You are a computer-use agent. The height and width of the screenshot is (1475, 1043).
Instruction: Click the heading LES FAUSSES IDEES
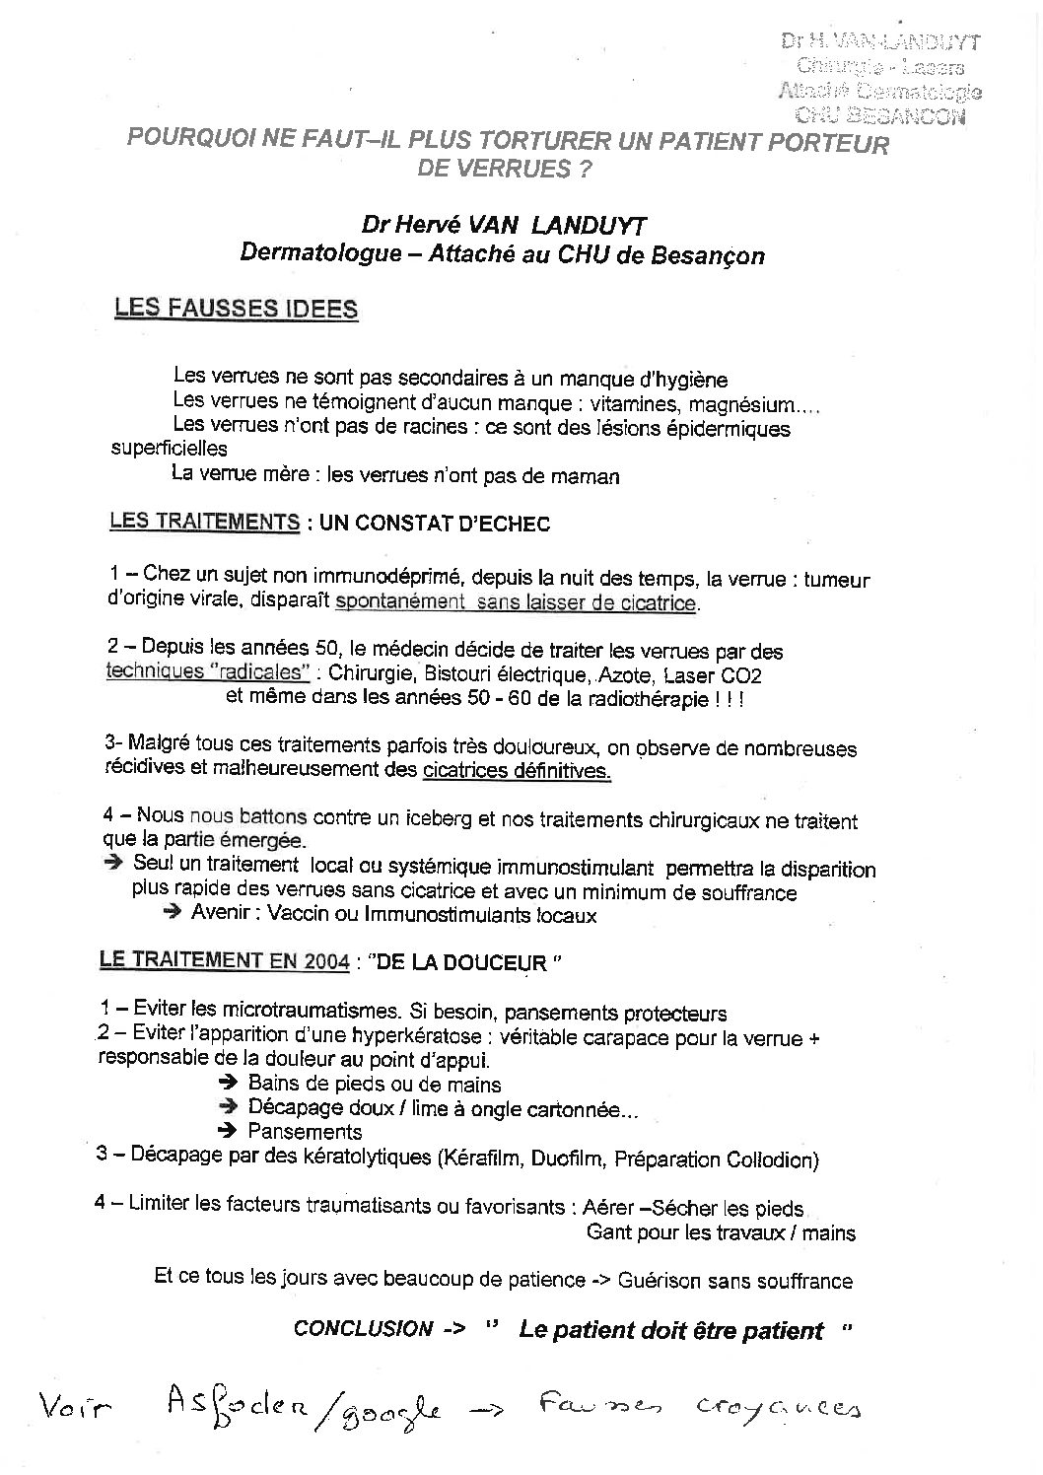[x=236, y=309]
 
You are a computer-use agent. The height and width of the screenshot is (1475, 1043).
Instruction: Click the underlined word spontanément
[x=399, y=603]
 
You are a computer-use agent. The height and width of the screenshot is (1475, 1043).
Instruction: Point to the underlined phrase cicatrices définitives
[x=517, y=771]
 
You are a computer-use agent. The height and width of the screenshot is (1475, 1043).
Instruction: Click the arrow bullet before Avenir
[x=173, y=914]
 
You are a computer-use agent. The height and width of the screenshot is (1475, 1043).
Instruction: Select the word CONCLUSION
[x=363, y=1329]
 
